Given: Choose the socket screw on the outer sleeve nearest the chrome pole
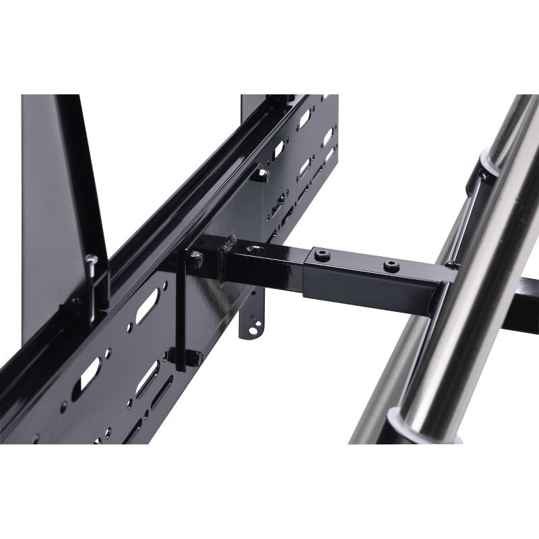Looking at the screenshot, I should click(389, 267).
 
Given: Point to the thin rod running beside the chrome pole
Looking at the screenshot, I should click(469, 216).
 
